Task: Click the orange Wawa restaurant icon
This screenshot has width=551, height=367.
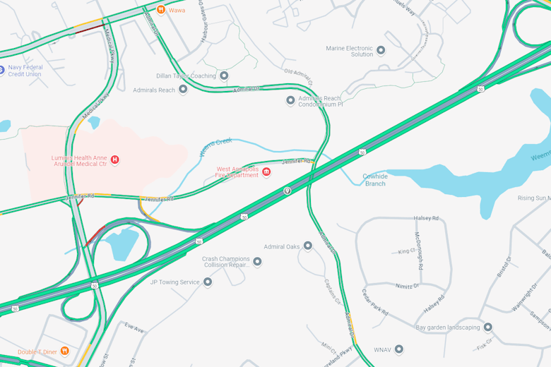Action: [161, 10]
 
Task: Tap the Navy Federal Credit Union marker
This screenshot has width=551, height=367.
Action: [1, 71]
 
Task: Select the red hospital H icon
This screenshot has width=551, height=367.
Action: [114, 160]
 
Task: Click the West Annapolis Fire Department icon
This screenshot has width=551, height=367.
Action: [266, 172]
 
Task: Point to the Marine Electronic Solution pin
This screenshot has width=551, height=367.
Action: [381, 50]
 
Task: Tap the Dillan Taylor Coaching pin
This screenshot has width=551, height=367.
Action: [224, 76]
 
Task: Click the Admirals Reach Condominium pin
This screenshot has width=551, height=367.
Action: [290, 101]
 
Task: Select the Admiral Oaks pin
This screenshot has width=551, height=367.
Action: [308, 246]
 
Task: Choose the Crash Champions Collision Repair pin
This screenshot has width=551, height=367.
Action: [257, 262]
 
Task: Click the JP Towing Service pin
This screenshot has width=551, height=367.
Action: [208, 282]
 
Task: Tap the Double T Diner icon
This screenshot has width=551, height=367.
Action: [64, 351]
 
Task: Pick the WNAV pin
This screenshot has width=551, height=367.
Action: [399, 349]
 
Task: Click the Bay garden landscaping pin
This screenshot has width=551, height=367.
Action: [487, 327]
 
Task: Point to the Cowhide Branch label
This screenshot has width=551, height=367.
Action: [375, 180]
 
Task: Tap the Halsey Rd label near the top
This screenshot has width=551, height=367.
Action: [426, 218]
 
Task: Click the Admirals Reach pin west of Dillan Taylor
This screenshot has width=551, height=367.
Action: [183, 90]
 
